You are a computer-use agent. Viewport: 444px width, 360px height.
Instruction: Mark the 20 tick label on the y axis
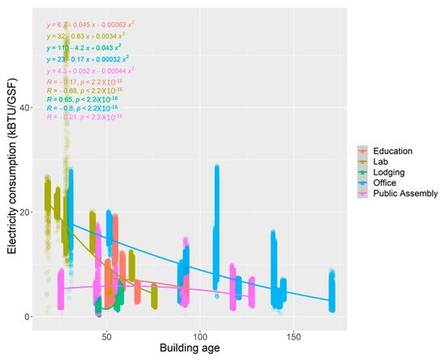point(22,212)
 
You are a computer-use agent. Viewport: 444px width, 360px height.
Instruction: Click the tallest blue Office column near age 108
point(216,226)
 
